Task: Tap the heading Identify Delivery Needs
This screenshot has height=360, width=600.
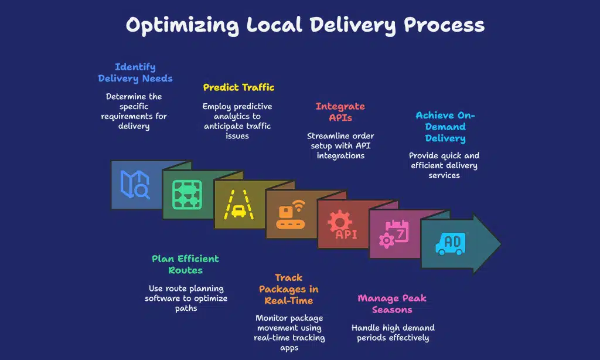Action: click(135, 73)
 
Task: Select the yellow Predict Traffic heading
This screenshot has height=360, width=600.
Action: click(238, 87)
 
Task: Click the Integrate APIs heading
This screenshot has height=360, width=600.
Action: click(340, 112)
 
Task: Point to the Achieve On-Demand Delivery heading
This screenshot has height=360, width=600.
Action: click(445, 127)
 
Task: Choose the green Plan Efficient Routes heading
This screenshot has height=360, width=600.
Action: click(185, 264)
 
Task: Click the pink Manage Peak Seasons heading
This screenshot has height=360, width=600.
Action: click(392, 304)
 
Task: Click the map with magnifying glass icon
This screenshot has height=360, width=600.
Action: click(134, 185)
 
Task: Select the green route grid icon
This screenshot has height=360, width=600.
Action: click(187, 195)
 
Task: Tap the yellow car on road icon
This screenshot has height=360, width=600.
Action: click(238, 205)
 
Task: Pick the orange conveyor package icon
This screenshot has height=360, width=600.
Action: click(291, 215)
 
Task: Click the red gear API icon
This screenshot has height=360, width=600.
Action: click(342, 226)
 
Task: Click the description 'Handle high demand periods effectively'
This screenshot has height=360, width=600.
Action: click(393, 333)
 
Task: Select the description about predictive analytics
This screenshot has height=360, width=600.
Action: click(237, 121)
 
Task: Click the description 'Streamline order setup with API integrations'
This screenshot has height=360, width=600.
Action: click(340, 146)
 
